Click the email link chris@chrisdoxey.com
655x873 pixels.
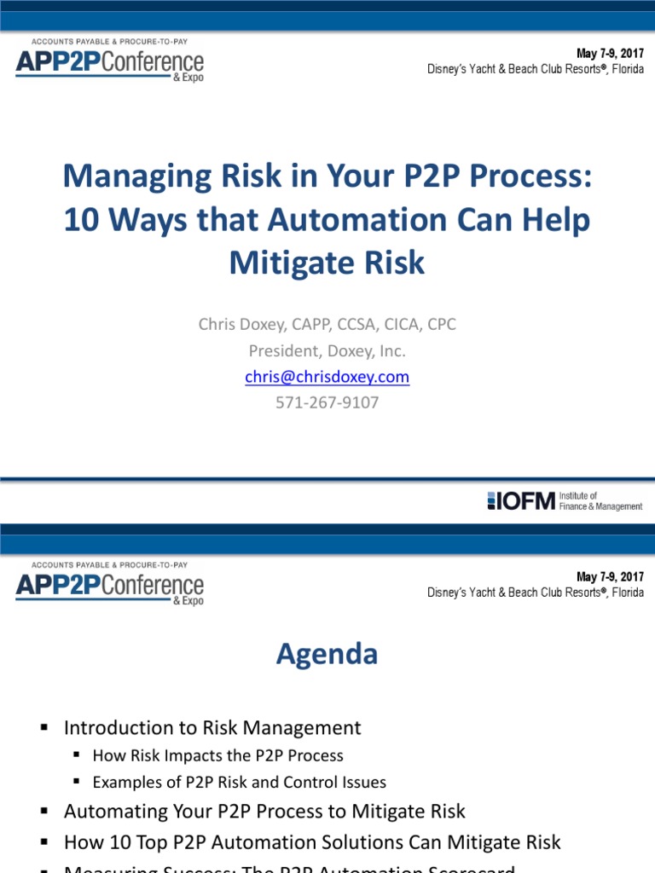(x=327, y=377)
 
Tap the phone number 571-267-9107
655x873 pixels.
(x=327, y=402)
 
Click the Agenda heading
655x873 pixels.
(x=327, y=654)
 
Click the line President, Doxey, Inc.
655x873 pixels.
(x=327, y=350)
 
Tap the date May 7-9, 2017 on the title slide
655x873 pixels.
(x=610, y=54)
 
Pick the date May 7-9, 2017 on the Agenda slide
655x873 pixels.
(x=610, y=577)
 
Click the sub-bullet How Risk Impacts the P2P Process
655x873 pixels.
(x=217, y=755)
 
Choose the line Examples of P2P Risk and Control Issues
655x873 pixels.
(x=239, y=782)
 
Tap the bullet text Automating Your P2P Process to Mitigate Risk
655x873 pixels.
(x=264, y=811)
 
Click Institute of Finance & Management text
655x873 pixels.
(x=600, y=500)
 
